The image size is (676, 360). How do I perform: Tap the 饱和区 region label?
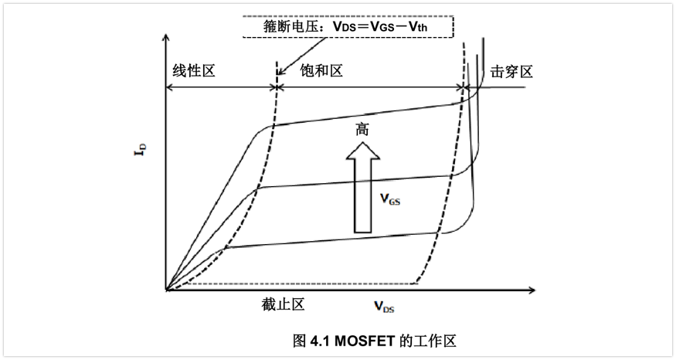(x=320, y=71)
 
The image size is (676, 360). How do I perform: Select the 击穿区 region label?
(x=511, y=72)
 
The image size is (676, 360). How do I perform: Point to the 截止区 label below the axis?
(x=283, y=304)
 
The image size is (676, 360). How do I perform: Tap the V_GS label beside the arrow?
(x=389, y=199)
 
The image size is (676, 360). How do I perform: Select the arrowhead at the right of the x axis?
(x=532, y=290)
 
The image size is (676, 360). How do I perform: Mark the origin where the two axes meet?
(x=166, y=290)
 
